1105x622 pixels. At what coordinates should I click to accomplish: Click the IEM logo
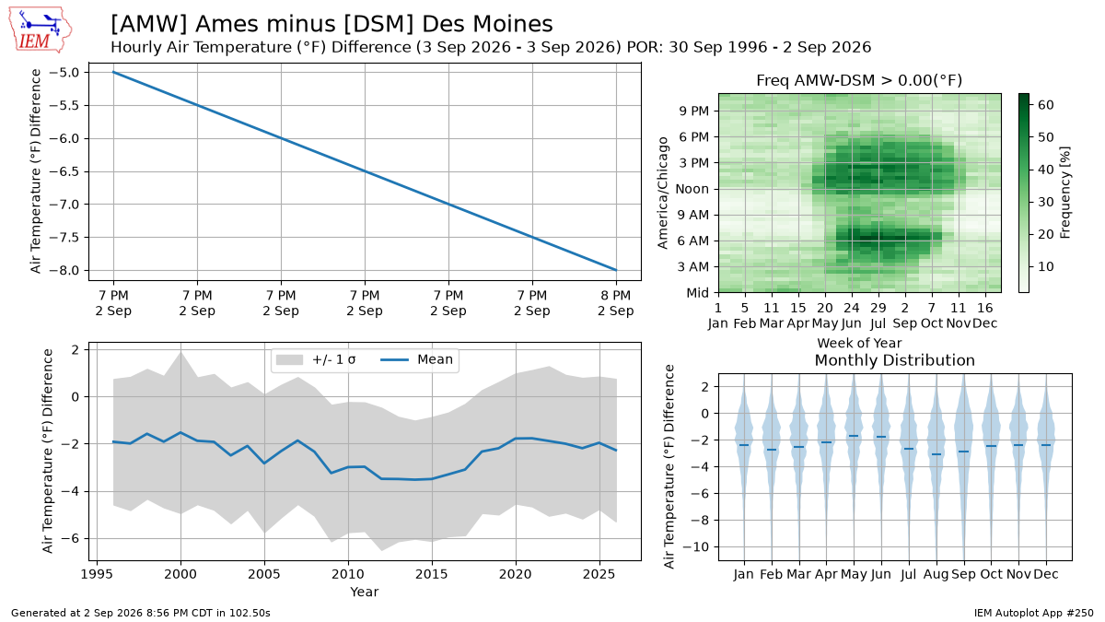pyautogui.click(x=41, y=29)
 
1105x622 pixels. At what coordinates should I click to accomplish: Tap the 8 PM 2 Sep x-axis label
pyautogui.click(x=616, y=303)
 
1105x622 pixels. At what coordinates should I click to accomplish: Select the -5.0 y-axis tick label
pyautogui.click(x=65, y=73)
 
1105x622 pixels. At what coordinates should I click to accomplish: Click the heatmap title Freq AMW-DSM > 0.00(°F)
pyautogui.click(x=859, y=80)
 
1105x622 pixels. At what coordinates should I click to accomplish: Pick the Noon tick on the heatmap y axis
pyautogui.click(x=692, y=189)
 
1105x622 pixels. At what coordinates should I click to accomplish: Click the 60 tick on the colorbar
pyautogui.click(x=1046, y=105)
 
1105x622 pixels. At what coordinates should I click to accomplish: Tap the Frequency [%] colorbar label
pyautogui.click(x=1065, y=193)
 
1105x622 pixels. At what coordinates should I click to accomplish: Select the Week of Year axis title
pyautogui.click(x=859, y=343)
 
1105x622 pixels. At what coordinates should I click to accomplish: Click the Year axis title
pyautogui.click(x=365, y=592)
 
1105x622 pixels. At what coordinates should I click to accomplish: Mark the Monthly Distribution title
pyautogui.click(x=895, y=360)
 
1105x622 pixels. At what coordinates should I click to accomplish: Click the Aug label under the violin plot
pyautogui.click(x=936, y=575)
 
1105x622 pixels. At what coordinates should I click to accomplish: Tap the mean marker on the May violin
pyautogui.click(x=854, y=436)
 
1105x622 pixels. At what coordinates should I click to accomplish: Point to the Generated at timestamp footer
pyautogui.click(x=141, y=613)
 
